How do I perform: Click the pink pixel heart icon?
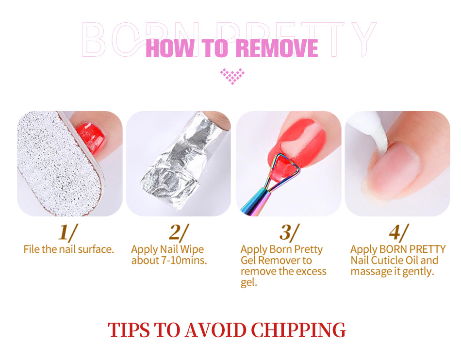pos(232,76)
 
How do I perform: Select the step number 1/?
pos(68,232)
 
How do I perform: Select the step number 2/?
pos(179,232)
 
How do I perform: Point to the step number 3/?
pos(289,232)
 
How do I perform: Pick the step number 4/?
pos(398,232)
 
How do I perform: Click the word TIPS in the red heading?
pos(129,330)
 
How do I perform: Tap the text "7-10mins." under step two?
pos(184,261)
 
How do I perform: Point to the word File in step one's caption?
pos(32,249)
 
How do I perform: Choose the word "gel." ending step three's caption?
pos(249,283)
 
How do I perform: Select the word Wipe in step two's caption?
pos(192,249)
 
